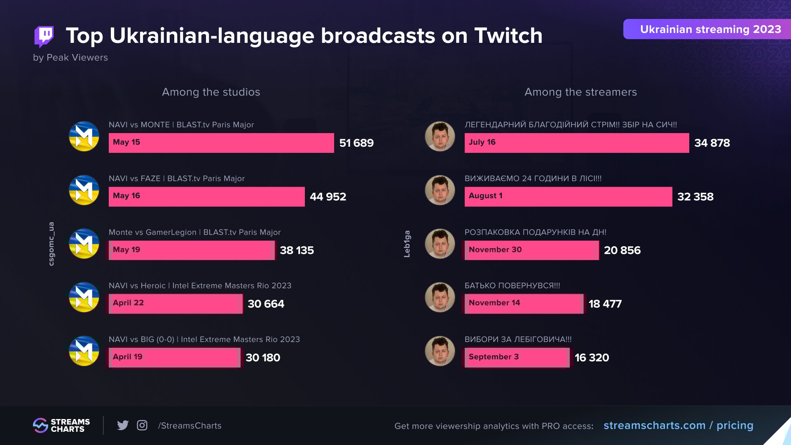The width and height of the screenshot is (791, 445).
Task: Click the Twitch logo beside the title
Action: [x=44, y=36]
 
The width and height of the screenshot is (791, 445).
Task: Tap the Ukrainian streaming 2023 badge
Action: [x=707, y=29]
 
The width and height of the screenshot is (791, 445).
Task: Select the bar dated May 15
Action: [x=221, y=143]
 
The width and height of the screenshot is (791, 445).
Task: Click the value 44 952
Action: [x=328, y=197]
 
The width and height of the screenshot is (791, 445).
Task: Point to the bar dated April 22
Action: [x=176, y=304]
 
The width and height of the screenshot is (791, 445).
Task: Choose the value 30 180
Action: [x=263, y=358]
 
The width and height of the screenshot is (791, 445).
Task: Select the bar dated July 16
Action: [x=577, y=143]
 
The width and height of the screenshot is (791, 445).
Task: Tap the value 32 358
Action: [x=695, y=197]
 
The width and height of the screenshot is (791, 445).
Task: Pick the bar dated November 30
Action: [x=531, y=250]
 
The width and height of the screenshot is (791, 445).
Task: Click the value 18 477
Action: [x=605, y=304]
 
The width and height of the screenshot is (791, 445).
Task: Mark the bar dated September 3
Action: [x=517, y=357]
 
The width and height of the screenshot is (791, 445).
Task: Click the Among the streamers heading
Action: [x=580, y=92]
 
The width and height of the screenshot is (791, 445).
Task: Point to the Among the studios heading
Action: [x=211, y=92]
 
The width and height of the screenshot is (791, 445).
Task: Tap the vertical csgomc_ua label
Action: [x=51, y=244]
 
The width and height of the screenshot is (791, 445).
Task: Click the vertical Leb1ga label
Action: [x=407, y=244]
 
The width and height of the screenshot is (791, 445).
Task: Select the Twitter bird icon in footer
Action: [x=123, y=425]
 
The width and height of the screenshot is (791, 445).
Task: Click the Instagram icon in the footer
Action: [x=142, y=425]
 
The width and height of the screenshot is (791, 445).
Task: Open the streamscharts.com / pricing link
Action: [x=678, y=425]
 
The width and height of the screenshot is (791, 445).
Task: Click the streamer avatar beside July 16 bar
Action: [x=440, y=136]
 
